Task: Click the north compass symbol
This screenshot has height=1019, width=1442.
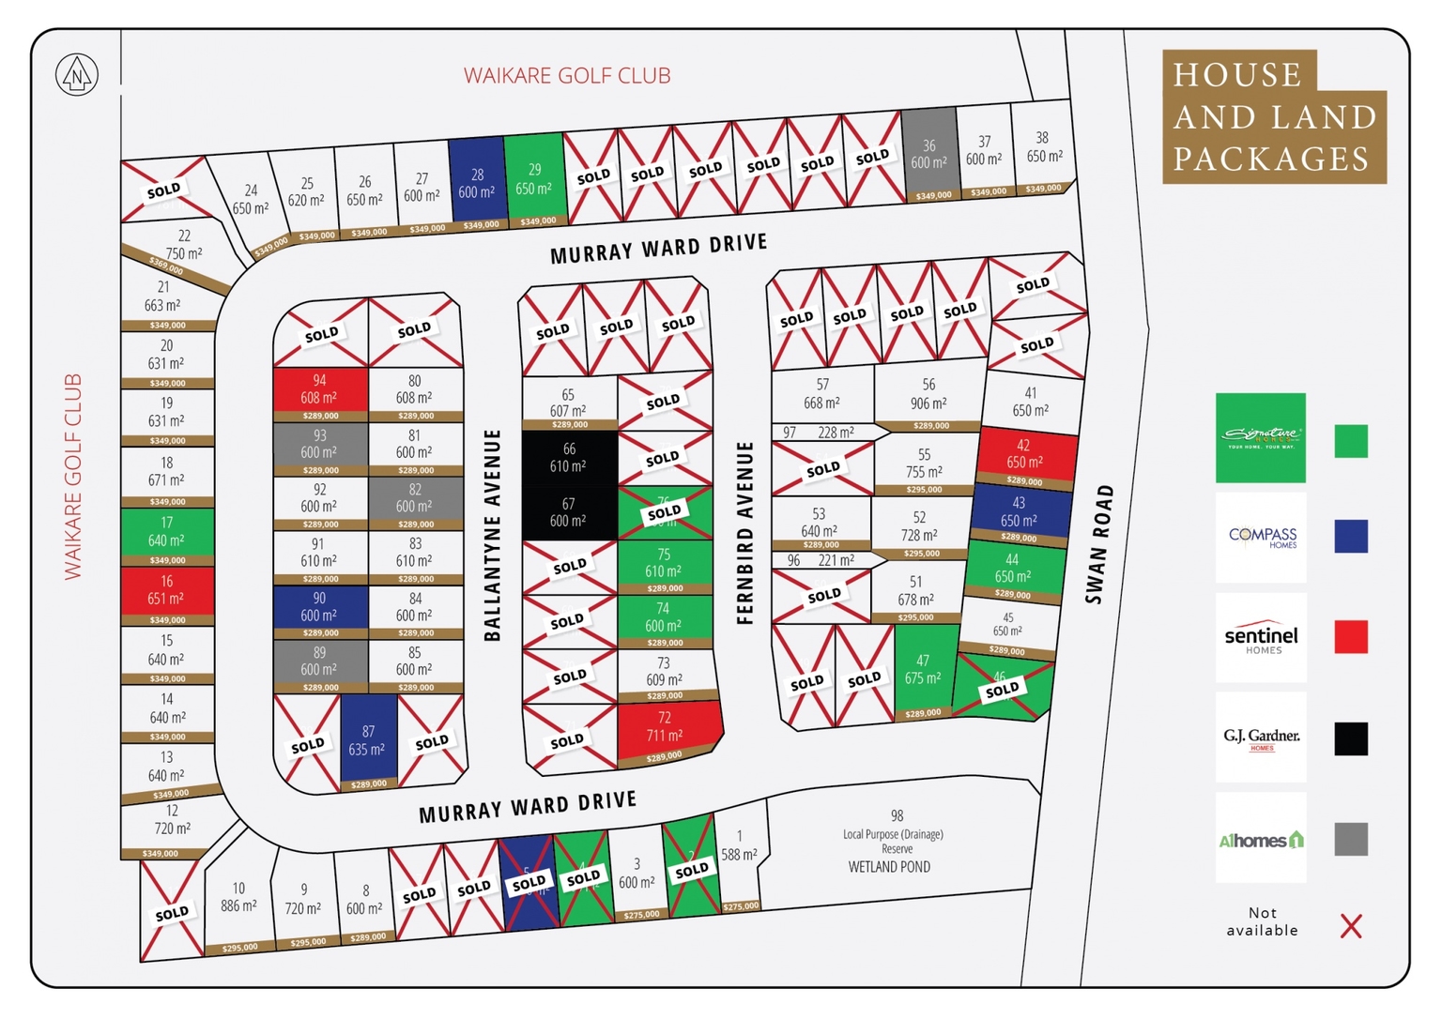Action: click(x=76, y=75)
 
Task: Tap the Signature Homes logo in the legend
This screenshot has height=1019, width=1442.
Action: click(x=1260, y=437)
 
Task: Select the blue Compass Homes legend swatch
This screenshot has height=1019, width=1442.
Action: click(x=1350, y=536)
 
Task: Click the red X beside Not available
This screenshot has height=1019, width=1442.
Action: click(x=1350, y=926)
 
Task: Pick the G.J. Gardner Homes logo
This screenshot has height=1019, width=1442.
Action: click(x=1260, y=738)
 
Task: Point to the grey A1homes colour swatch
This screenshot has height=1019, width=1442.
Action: click(x=1350, y=839)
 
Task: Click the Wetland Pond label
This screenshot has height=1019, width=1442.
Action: click(x=888, y=867)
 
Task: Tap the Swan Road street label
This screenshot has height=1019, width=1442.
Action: click(x=1098, y=544)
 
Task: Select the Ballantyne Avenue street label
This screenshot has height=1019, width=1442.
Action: click(x=492, y=536)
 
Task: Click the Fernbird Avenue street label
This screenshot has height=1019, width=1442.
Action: click(x=745, y=533)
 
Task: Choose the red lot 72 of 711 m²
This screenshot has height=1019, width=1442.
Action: click(x=667, y=727)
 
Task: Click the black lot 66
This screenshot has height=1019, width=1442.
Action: click(x=569, y=458)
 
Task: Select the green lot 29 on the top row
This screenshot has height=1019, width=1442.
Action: click(x=533, y=179)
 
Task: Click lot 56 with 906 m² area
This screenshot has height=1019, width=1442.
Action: click(x=928, y=394)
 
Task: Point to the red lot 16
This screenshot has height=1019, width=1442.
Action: click(x=167, y=590)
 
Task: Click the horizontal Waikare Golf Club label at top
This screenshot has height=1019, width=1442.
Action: click(x=567, y=76)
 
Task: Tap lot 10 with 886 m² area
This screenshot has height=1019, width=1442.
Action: click(x=238, y=897)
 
